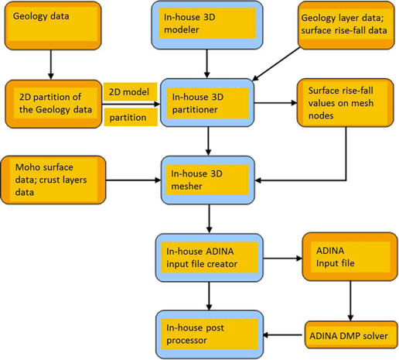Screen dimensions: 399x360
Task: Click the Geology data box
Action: (53, 26)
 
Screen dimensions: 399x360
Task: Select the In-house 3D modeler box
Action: (207, 25)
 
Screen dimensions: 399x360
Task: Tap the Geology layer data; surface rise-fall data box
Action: (346, 26)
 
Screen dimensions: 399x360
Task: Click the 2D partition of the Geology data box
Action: (53, 104)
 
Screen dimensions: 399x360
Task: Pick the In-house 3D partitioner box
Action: (207, 103)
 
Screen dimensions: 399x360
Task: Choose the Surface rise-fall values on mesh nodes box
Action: (346, 103)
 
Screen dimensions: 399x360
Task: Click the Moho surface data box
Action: (53, 180)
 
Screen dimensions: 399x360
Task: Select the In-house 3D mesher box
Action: (208, 180)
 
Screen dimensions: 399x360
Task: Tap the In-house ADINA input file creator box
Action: (210, 258)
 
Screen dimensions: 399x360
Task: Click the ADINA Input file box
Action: (350, 257)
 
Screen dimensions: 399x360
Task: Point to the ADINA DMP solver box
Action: (351, 335)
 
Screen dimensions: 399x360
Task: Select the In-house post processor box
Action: (210, 334)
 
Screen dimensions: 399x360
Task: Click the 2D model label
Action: (130, 92)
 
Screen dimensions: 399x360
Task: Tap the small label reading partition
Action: (131, 117)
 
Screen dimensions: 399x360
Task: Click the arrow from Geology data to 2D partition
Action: (51, 64)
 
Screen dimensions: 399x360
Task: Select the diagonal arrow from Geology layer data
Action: (276, 64)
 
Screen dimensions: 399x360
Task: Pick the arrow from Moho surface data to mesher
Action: (133, 180)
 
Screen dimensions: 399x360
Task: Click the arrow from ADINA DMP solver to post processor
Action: (282, 335)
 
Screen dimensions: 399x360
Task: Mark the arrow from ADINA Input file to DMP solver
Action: (350, 301)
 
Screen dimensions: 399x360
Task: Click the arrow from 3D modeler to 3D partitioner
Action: (206, 63)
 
